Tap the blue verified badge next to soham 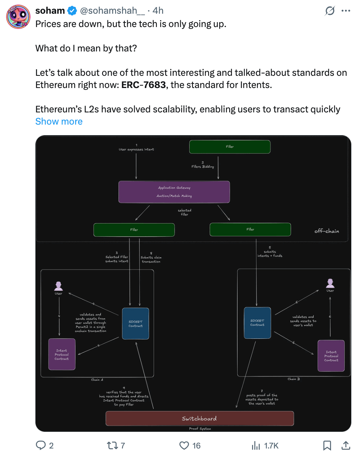tap(72, 11)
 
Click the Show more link tap(59, 122)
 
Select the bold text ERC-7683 tap(143, 85)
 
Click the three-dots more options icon tap(346, 11)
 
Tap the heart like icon tap(184, 445)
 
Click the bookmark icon tap(327, 445)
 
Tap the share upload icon tap(346, 445)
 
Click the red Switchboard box tap(199, 418)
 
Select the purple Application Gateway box tap(174, 192)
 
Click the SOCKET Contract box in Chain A tap(135, 323)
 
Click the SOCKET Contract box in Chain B tap(257, 323)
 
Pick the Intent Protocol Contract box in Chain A tap(62, 354)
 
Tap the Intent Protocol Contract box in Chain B tap(331, 356)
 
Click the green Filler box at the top tap(230, 147)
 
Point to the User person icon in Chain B tap(330, 283)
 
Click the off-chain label tap(326, 231)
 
